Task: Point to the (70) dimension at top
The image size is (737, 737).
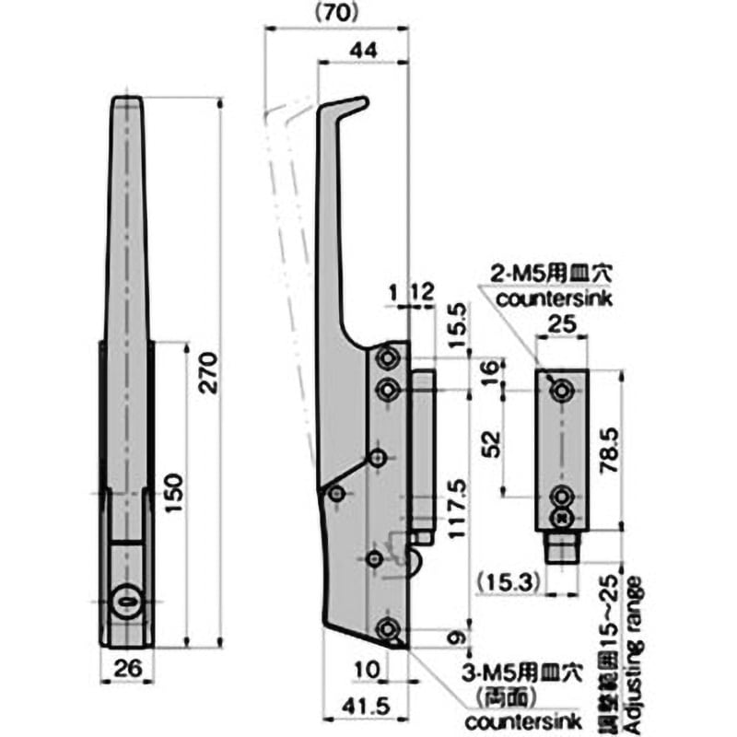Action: (x=335, y=12)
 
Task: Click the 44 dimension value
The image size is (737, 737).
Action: (x=363, y=53)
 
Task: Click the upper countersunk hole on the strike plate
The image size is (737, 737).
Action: (x=560, y=391)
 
